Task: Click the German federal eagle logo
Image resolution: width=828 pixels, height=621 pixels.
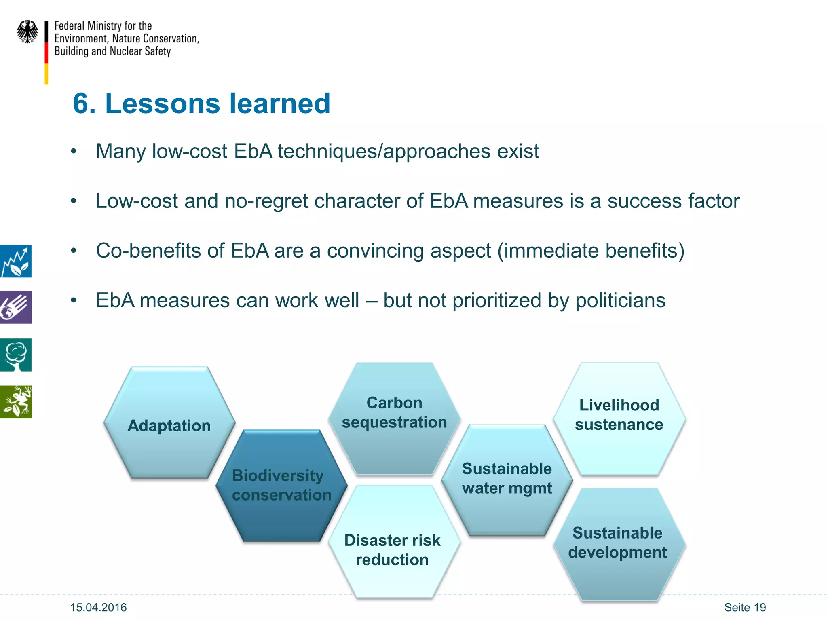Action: coord(27,32)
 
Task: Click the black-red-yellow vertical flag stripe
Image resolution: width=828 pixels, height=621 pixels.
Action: coord(46,53)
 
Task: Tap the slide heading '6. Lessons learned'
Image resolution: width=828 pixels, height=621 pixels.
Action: coord(201,103)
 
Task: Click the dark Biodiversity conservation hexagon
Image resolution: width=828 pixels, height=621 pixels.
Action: coord(281,485)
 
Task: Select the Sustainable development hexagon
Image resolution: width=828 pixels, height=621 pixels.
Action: coord(618,544)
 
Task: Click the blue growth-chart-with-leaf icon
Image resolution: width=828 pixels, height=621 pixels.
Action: coord(16,261)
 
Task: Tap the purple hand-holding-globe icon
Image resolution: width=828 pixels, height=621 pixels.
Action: coord(16,307)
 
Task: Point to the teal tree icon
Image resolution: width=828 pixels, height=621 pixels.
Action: coord(16,355)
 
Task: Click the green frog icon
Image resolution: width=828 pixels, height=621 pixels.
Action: coord(16,402)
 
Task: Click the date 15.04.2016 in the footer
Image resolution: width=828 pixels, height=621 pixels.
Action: coord(98,608)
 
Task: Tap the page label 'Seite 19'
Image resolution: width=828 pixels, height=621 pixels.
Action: coord(745,608)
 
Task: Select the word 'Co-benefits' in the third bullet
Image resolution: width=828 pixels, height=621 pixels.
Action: coord(148,251)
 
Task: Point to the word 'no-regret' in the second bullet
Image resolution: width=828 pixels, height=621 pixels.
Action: coord(266,201)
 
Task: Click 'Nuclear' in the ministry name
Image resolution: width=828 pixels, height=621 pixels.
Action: coord(126,51)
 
